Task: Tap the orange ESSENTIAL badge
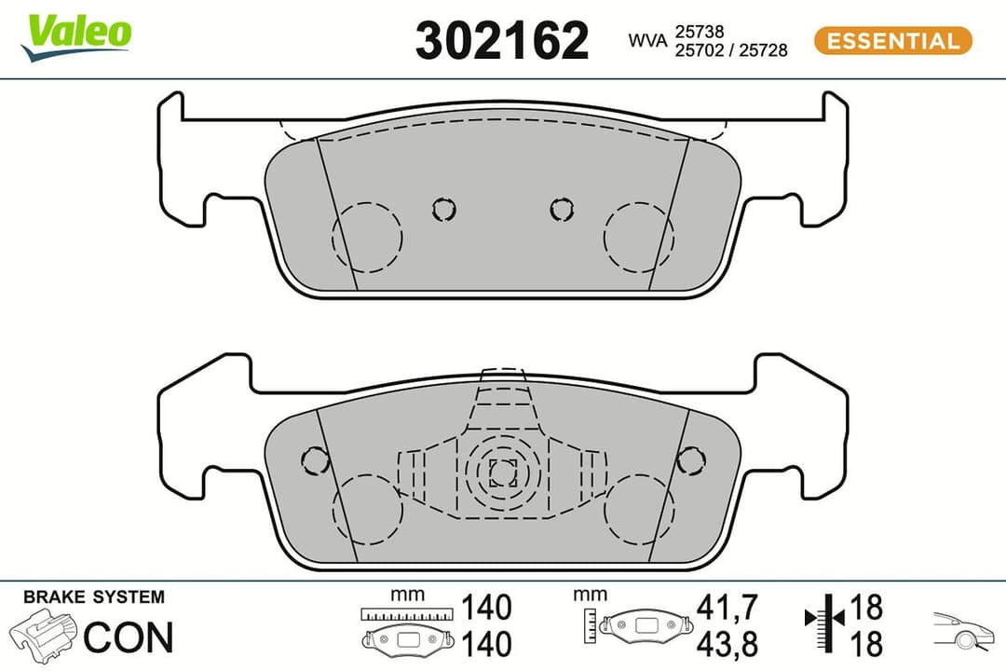click(x=892, y=41)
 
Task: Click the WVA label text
click(x=647, y=41)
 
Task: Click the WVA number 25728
click(x=763, y=50)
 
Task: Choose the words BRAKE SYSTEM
click(x=93, y=597)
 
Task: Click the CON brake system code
click(x=129, y=637)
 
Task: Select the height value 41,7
click(x=727, y=607)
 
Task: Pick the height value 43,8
click(x=727, y=643)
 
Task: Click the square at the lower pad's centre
click(x=503, y=473)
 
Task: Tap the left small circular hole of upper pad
click(x=444, y=210)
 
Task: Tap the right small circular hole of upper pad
click(x=562, y=210)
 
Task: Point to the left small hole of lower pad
click(x=316, y=459)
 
